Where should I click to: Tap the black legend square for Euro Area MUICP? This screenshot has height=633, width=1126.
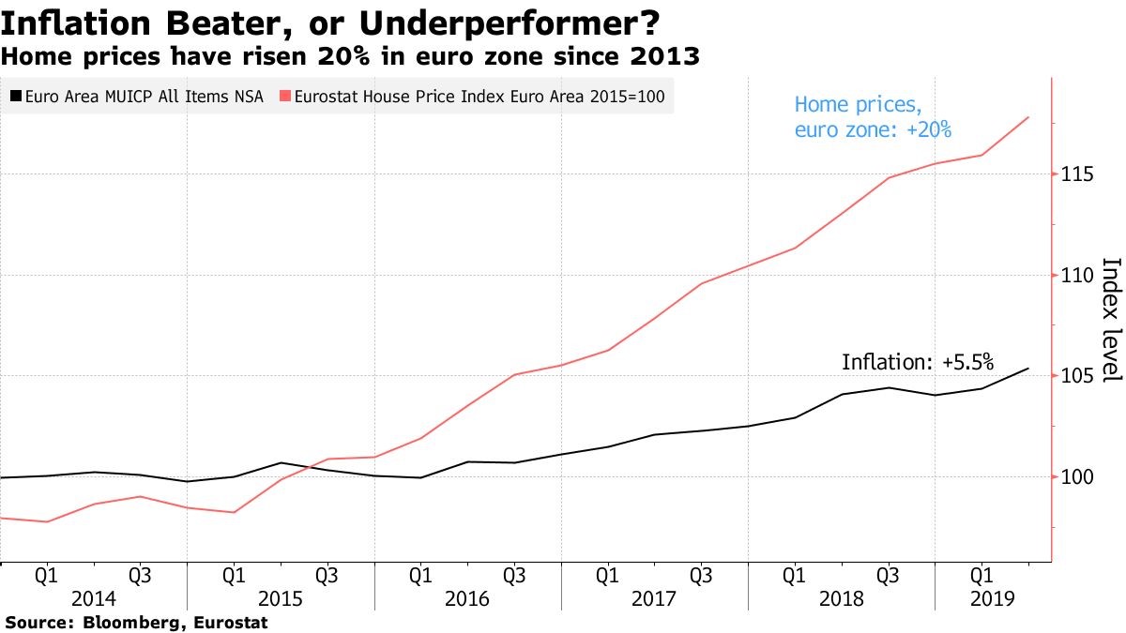click(16, 96)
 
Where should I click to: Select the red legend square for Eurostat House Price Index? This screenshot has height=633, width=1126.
click(285, 96)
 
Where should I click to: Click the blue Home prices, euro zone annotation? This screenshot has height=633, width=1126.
click(873, 117)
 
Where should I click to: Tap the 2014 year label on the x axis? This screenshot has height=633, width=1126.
click(93, 598)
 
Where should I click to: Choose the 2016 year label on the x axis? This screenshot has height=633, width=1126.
click(467, 598)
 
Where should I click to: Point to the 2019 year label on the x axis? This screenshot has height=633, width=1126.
click(981, 598)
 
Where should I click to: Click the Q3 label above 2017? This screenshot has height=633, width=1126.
click(701, 575)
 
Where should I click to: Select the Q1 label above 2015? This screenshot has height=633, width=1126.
click(234, 575)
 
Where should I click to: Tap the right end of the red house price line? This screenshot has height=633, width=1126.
click(1028, 117)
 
